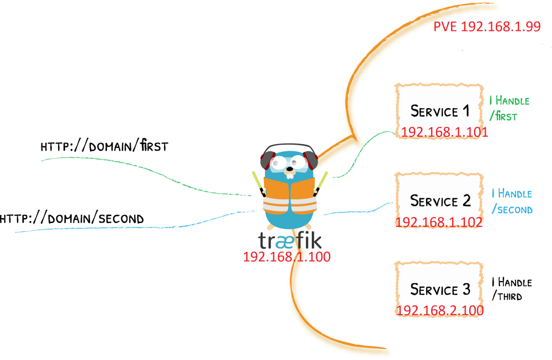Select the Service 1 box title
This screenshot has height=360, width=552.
pos(439,112)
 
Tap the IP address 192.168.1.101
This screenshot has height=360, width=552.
pos(444,133)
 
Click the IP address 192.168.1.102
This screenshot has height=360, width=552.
pos(439,222)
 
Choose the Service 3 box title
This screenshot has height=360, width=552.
pos(439,289)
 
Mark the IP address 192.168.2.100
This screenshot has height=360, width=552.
pos(439,311)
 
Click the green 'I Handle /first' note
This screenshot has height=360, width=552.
pos(509,108)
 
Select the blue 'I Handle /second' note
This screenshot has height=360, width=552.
pos(512,201)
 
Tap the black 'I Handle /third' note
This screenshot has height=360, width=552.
pos(511,289)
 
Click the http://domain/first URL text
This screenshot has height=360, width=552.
pos(104,147)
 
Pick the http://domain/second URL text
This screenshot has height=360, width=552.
pos(72,219)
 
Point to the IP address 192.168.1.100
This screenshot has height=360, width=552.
pos(287,257)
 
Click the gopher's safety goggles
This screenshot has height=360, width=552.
pos(290,162)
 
